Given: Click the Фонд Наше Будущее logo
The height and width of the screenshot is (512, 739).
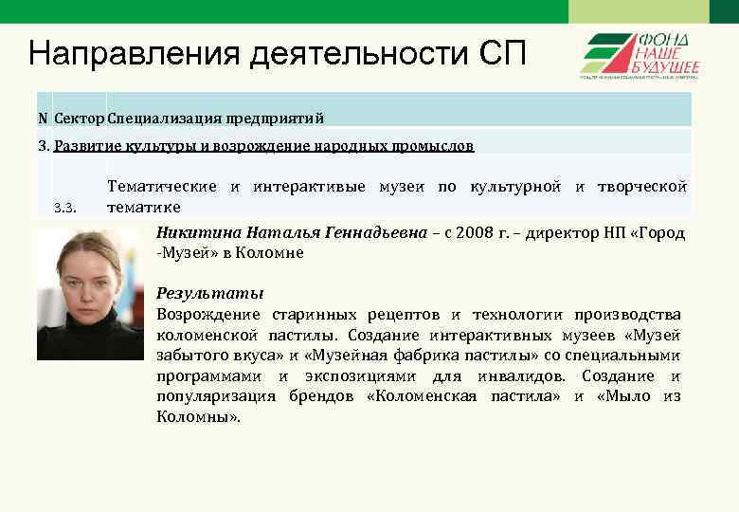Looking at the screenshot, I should pos(639,55).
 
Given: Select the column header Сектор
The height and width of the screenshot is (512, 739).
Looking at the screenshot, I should pos(80,118).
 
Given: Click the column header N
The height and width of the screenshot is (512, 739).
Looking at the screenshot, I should pos(43,118).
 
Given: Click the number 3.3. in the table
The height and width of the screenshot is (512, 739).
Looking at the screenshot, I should pos(64,208).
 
